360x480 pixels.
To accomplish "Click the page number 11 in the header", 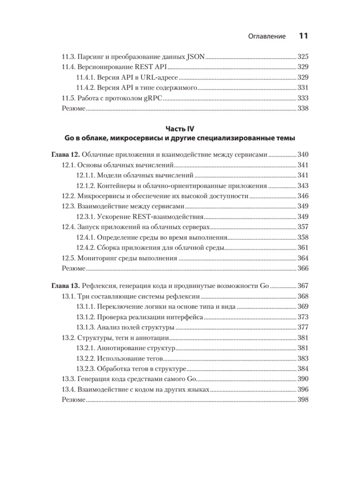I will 303,36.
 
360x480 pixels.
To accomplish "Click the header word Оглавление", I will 267,36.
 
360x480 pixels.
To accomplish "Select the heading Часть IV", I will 180,129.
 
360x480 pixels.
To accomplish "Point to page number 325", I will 303,57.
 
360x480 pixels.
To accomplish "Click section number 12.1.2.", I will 85,186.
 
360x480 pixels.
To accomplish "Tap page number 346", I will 303,196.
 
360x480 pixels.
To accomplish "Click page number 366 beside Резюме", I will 303,268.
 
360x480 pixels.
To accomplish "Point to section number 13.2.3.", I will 85,369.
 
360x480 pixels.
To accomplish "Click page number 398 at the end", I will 303,400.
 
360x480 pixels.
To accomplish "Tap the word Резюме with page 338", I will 73,108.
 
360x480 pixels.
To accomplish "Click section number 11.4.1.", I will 85,77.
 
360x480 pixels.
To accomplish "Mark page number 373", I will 303,317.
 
